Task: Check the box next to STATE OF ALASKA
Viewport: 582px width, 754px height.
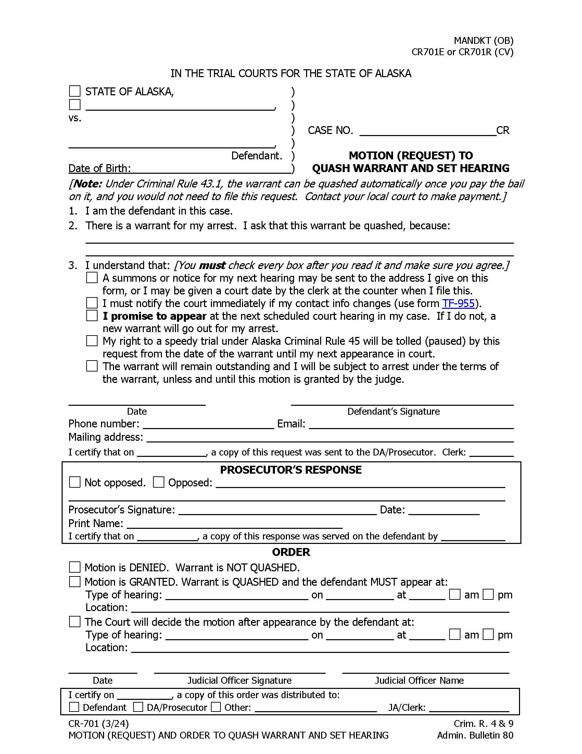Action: point(75,91)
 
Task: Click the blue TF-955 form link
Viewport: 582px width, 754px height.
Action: point(458,303)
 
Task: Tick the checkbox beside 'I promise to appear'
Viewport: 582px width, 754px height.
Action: point(92,316)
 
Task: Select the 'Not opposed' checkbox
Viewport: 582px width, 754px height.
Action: point(75,482)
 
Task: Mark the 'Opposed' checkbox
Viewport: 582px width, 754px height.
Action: point(158,482)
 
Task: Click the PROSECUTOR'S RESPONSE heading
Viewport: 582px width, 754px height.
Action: point(291,470)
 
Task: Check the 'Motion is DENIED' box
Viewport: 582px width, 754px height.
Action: point(75,567)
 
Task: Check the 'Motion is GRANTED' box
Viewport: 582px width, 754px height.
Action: point(75,582)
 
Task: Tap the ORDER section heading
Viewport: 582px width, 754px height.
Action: point(291,552)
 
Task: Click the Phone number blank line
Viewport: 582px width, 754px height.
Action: point(208,425)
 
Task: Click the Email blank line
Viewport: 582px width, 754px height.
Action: point(411,425)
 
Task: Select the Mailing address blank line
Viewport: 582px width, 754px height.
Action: point(330,438)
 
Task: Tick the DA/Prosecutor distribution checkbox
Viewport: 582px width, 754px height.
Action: point(138,707)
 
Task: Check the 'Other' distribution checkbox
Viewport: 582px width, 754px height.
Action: point(216,707)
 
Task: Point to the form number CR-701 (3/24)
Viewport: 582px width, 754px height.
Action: point(99,723)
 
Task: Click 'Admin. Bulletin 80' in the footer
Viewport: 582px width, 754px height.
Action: point(475,735)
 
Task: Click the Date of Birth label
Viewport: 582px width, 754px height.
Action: point(99,168)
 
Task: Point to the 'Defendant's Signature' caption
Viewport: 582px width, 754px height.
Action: point(393,411)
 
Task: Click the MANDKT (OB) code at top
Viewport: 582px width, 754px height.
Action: point(483,40)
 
